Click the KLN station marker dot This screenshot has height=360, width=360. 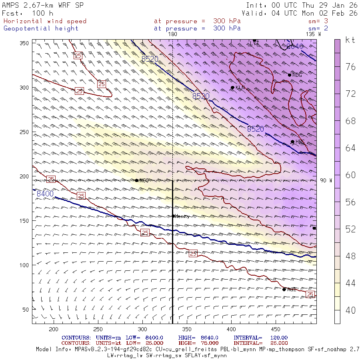(232, 88)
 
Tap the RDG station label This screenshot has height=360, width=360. (297, 75)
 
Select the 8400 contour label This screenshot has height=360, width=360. (45, 194)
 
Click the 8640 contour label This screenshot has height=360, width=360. (295, 46)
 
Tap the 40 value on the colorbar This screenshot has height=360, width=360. (350, 310)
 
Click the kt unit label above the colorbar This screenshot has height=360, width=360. (350, 40)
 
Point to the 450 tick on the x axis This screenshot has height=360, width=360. (186, 329)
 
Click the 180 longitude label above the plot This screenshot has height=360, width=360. (172, 34)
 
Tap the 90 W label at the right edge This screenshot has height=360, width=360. (326, 180)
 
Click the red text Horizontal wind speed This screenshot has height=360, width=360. (45, 21)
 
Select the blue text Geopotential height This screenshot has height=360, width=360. (41, 28)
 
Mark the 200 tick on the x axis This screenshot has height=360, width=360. (53, 329)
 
